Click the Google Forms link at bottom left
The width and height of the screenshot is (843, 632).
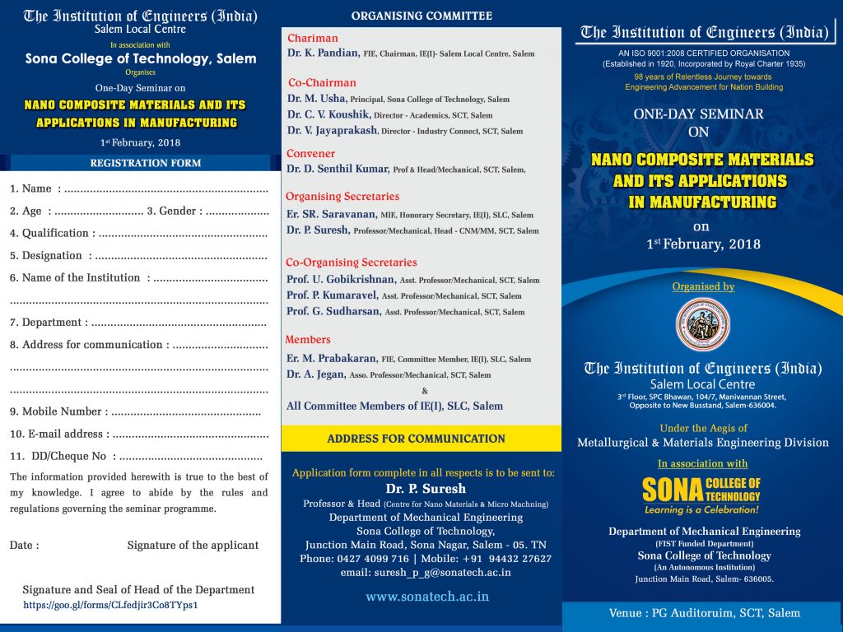coord(110,605)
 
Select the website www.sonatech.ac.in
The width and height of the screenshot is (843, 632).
coord(427,597)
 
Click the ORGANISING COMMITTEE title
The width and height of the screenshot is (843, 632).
coord(421,16)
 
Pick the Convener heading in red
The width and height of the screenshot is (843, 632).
coord(310,154)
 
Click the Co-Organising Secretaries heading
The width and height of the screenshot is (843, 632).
coord(351,263)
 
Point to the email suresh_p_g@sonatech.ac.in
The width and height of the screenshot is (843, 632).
coord(426,572)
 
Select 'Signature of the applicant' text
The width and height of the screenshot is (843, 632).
coord(193,546)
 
